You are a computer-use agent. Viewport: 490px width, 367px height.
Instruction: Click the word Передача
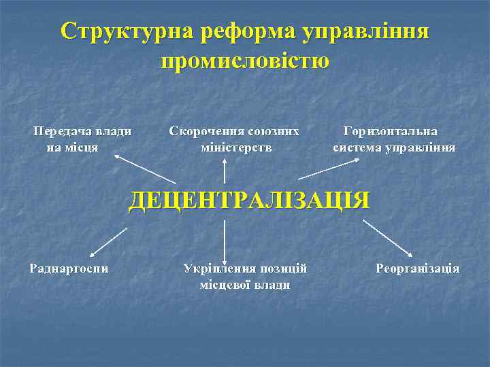[64, 131]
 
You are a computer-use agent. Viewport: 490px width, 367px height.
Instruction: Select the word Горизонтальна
[391, 131]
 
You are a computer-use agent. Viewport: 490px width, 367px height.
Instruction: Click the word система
[357, 147]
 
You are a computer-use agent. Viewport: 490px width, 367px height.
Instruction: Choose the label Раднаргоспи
[69, 268]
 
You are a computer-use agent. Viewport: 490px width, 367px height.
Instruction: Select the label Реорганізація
[418, 268]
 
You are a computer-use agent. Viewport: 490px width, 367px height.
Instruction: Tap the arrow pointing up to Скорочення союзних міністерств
[224, 169]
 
